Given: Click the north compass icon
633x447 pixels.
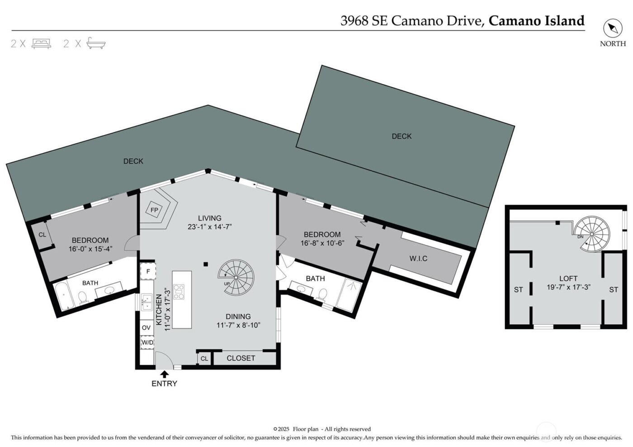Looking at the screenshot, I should [x=613, y=28].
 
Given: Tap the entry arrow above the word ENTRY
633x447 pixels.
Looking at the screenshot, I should [x=165, y=374].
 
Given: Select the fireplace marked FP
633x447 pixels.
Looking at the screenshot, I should [x=155, y=210].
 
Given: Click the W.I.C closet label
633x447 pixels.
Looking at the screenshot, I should [x=418, y=259].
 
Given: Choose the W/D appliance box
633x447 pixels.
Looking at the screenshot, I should [x=147, y=343].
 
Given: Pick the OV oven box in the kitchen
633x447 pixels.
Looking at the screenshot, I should [x=146, y=328].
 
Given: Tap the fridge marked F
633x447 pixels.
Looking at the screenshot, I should [x=148, y=271].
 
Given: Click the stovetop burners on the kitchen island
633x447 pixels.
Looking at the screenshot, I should [x=179, y=292].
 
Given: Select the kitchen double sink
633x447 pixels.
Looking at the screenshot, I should [x=146, y=302].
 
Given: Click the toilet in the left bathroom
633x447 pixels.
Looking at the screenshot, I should [x=83, y=297].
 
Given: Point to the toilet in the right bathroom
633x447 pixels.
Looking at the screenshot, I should [x=322, y=294].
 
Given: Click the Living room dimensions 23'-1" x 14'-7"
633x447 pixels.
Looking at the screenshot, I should [x=209, y=227].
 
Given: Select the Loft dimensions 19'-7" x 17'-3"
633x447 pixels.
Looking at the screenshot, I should [x=568, y=287].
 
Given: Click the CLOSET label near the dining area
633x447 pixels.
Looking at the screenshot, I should [x=241, y=358].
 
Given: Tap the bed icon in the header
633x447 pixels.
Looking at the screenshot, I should [x=41, y=43].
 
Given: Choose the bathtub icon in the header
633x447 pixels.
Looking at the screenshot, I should [x=96, y=43].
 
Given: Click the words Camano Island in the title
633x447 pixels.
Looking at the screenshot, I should [x=536, y=21].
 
